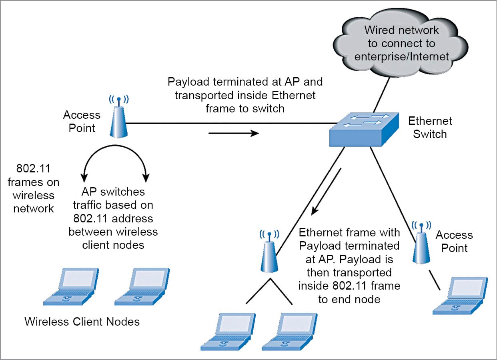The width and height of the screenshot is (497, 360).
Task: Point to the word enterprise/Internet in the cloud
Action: coord(402,56)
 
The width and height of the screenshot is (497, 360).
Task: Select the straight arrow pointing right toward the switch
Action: coord(234,133)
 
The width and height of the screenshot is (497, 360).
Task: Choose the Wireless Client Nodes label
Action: coord(82,322)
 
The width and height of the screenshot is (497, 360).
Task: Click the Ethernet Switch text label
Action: coord(430,127)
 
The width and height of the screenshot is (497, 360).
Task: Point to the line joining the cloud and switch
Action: coord(381,95)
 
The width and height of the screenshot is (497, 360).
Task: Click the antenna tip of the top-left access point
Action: coord(118,97)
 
